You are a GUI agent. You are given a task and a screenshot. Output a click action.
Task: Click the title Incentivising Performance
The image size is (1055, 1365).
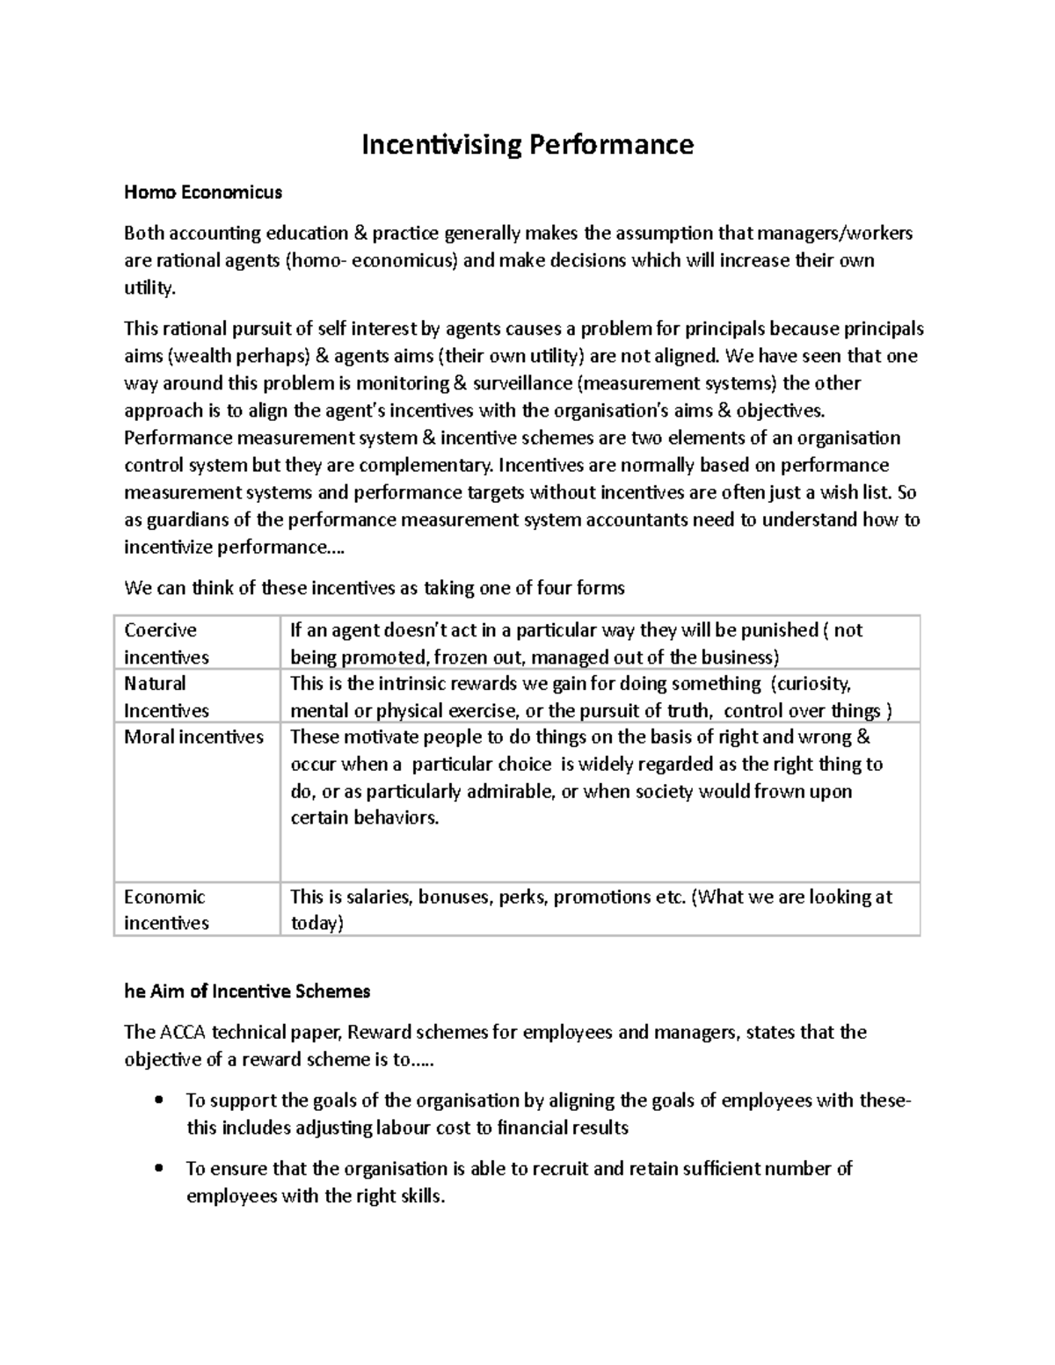click(x=527, y=144)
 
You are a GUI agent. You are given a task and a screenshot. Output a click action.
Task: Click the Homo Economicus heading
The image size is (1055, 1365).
click(x=203, y=192)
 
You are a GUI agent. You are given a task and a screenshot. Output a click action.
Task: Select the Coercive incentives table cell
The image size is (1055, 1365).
click(x=167, y=643)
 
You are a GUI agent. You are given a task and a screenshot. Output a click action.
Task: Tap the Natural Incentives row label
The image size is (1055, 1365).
click(x=166, y=697)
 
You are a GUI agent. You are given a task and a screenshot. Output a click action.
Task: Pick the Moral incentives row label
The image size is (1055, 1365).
click(x=193, y=737)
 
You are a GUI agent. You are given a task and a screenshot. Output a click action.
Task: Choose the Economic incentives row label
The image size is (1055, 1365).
click(x=166, y=910)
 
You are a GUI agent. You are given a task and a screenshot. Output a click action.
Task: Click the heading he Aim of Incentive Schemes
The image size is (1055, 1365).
click(x=247, y=991)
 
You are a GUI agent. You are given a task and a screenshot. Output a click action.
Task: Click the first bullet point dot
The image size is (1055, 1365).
click(x=158, y=1101)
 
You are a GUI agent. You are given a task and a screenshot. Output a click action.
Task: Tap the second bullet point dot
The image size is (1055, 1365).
click(x=158, y=1169)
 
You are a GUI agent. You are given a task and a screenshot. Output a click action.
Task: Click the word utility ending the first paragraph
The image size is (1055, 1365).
click(x=149, y=287)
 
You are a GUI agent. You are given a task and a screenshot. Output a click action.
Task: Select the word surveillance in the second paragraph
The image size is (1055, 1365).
click(x=522, y=383)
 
